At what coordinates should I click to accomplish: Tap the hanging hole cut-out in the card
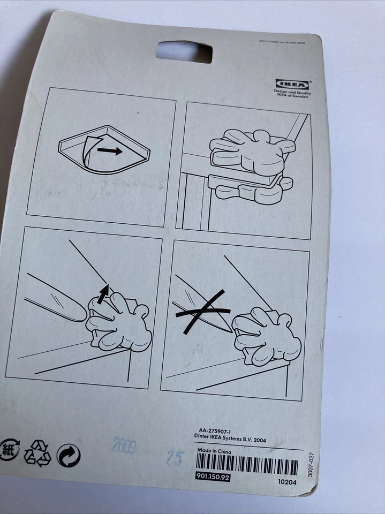pos(184,52)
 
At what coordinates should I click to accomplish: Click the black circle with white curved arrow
pos(69,456)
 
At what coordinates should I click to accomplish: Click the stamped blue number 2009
pos(123,446)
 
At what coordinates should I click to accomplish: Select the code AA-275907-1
pos(216,430)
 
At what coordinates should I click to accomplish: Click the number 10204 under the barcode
pos(287,481)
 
